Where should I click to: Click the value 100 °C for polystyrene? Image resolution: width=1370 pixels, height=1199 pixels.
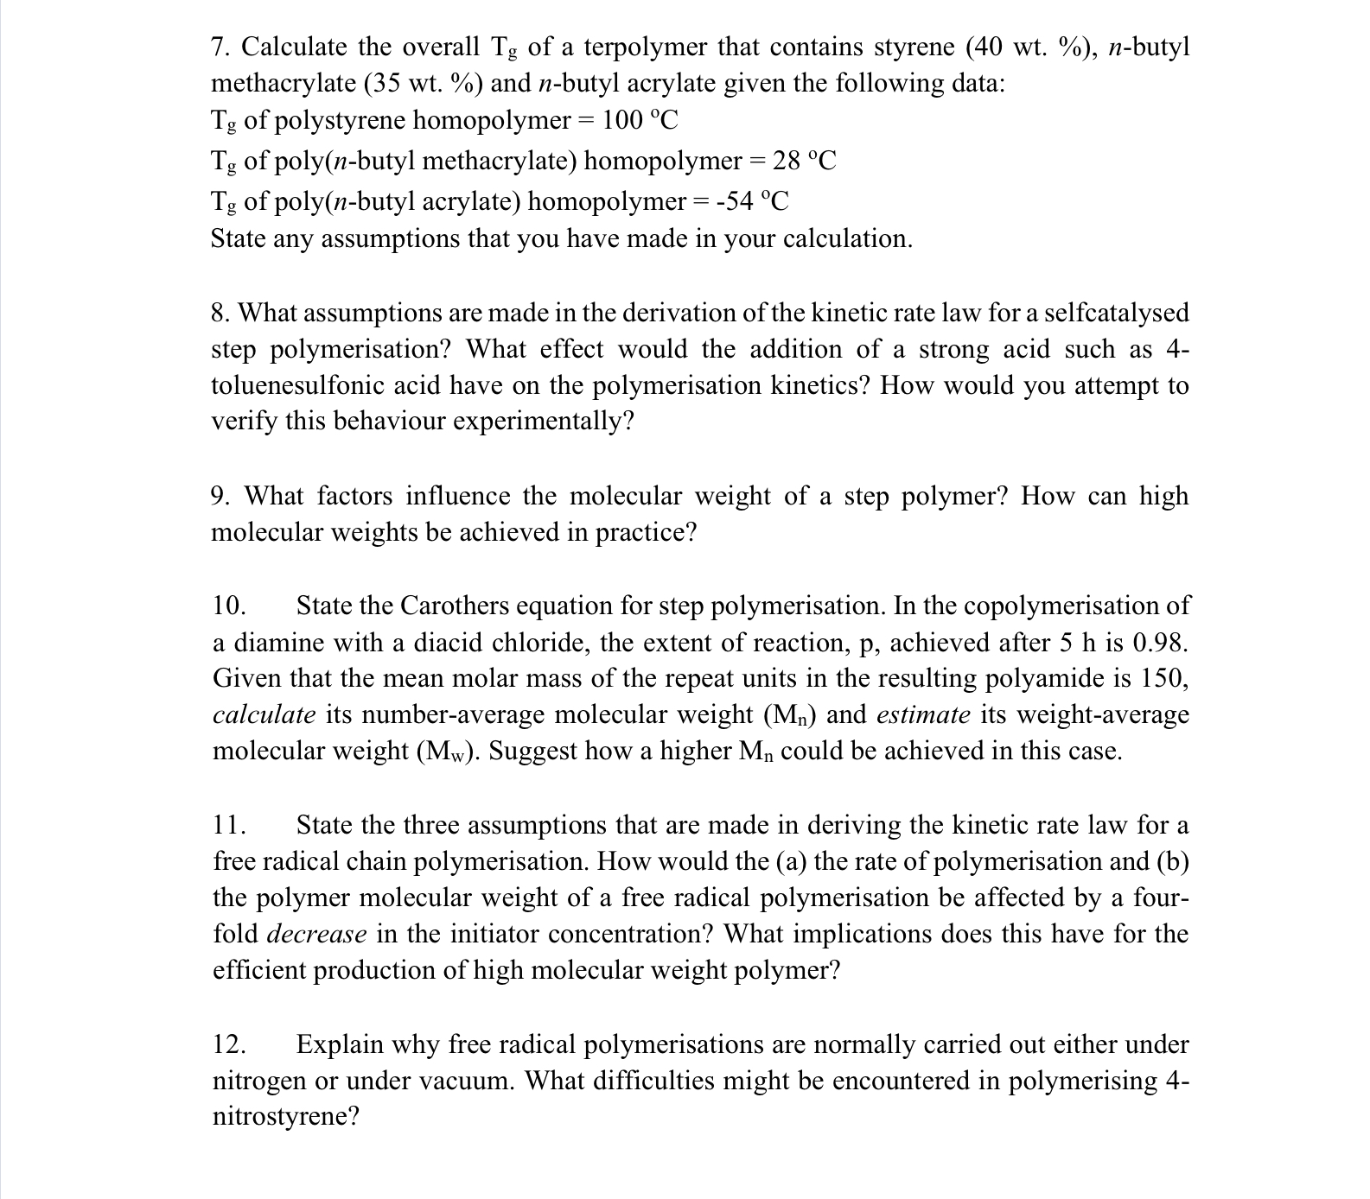pyautogui.click(x=640, y=120)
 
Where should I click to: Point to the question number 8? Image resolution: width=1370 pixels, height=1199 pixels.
pyautogui.click(x=220, y=313)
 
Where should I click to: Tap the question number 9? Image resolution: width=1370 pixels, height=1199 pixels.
pyautogui.click(x=220, y=497)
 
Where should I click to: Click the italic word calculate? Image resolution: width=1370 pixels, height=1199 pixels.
pyautogui.click(x=264, y=715)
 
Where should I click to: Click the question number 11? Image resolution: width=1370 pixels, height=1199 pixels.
pyautogui.click(x=228, y=826)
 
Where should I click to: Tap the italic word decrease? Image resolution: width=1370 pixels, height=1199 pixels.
pyautogui.click(x=316, y=935)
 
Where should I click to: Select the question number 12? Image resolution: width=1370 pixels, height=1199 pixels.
pyautogui.click(x=229, y=1045)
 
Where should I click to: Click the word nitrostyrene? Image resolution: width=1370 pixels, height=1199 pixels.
pyautogui.click(x=285, y=1118)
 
